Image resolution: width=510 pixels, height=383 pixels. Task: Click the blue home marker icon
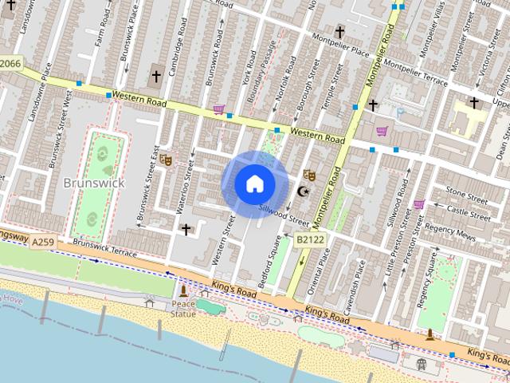tap(254, 184)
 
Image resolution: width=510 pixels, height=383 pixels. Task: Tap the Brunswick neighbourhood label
tap(93, 183)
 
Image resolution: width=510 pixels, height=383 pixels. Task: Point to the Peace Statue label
tap(183, 309)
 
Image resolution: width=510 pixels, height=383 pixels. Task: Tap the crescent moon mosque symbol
tap(302, 191)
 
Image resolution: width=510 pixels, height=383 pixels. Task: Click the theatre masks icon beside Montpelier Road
tap(310, 175)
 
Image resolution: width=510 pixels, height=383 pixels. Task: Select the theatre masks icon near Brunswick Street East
tap(166, 159)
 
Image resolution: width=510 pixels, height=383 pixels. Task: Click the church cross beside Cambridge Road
tap(156, 77)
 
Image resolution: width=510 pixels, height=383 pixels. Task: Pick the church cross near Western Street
tap(186, 230)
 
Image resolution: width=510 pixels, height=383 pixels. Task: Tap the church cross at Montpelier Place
tap(339, 32)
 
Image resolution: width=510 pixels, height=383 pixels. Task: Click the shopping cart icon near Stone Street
tap(419, 204)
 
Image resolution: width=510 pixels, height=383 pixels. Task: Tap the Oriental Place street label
tap(325, 264)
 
